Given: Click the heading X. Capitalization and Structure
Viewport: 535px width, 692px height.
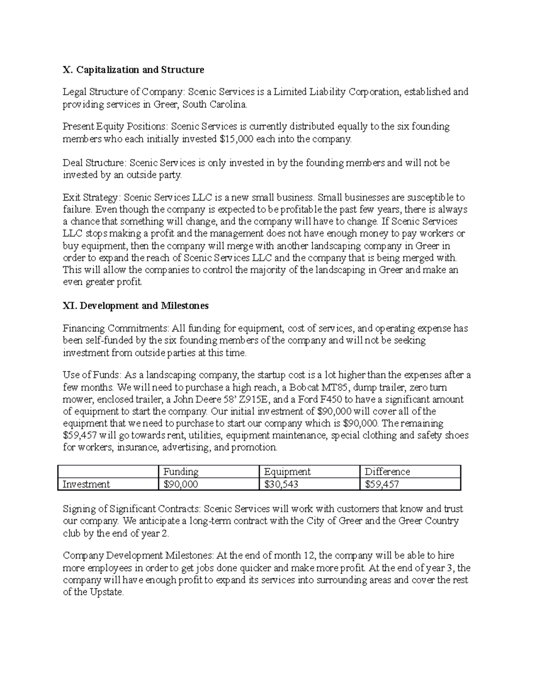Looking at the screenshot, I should [133, 70].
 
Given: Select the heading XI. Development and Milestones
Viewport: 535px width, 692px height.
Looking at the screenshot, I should [136, 306].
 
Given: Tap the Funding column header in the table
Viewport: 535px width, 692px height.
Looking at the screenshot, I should [181, 472].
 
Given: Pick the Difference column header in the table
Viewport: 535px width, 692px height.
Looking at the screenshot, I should [387, 472].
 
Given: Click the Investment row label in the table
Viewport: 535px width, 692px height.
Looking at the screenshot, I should [86, 484].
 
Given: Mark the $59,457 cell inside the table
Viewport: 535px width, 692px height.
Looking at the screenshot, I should [382, 484].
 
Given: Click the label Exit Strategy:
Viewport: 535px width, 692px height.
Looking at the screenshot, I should [91, 197].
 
